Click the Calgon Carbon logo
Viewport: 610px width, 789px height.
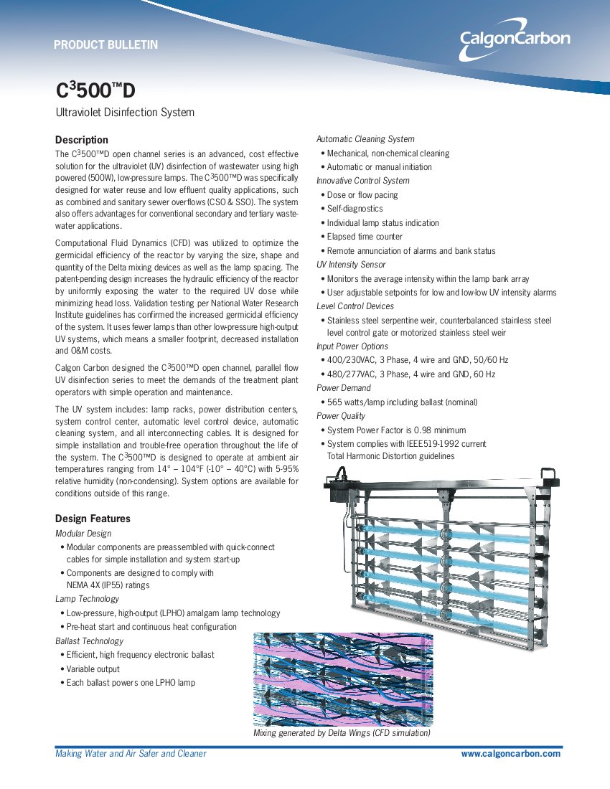(515, 40)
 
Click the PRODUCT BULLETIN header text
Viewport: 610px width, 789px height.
(105, 45)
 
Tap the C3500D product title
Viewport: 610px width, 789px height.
(95, 90)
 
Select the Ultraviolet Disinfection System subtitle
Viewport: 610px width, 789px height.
(125, 113)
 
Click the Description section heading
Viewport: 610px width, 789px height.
(82, 140)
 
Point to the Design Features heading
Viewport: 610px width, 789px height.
(93, 519)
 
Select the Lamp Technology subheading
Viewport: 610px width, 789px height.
(87, 599)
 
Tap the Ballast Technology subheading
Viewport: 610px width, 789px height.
(89, 641)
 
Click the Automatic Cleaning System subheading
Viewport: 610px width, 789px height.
(365, 139)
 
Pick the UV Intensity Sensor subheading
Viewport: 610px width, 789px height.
(351, 265)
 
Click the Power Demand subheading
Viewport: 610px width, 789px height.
(344, 388)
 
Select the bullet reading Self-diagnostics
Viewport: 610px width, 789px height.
(355, 209)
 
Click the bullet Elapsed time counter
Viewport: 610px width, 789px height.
(365, 237)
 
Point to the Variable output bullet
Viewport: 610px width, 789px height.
(93, 669)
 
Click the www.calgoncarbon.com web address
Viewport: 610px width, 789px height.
(510, 754)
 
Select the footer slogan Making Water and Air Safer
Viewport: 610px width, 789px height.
(131, 754)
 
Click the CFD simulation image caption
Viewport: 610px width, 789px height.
(342, 734)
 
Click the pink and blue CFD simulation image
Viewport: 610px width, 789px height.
(343, 679)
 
